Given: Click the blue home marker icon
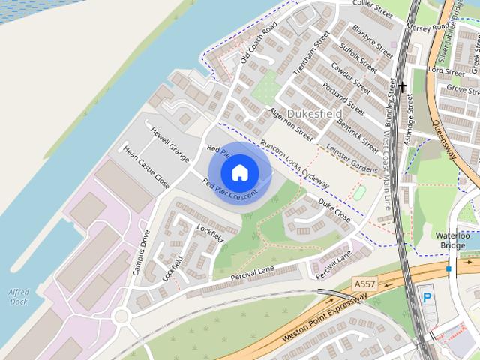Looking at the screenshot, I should [x=239, y=173].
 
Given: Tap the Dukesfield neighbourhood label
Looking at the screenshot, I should [x=313, y=113].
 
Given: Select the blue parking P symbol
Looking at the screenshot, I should [x=427, y=298].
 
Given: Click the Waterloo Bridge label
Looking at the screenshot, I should [x=453, y=241].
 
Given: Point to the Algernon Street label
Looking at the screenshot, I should [x=289, y=124].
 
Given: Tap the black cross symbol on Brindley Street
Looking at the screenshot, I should [x=403, y=87].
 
